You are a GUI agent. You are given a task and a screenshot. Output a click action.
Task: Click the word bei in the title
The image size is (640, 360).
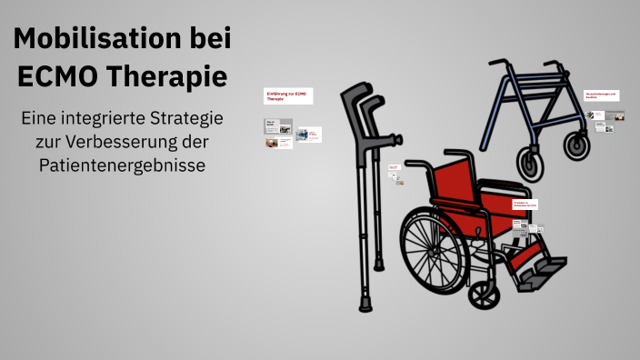coord(205,40)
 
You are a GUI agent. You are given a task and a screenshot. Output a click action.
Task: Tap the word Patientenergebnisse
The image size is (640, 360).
coord(122,165)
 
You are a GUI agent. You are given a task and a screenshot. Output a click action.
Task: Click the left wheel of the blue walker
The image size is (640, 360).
coord(530,162)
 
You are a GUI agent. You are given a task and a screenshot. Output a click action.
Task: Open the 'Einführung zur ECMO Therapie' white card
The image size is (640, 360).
coord(288,95)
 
